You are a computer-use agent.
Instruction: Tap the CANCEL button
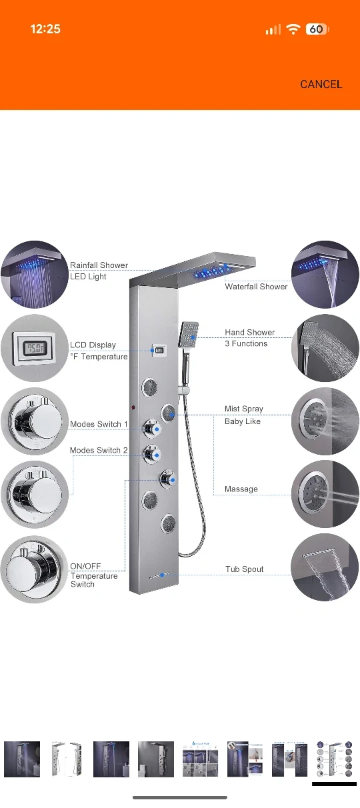point(321,85)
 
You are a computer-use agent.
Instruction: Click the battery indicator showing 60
point(317,29)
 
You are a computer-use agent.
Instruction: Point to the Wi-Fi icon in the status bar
point(293,29)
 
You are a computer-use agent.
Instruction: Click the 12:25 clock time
point(45,29)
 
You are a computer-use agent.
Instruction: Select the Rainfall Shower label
point(99,265)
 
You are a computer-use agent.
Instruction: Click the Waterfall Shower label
point(256,287)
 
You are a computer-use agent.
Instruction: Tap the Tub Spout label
point(244,569)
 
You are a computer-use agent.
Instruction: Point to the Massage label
point(241,489)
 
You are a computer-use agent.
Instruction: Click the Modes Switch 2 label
point(99,450)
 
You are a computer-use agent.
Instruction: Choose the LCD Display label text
point(93,345)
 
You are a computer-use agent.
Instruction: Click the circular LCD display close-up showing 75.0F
point(34,348)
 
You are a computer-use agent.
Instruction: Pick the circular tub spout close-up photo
point(325,567)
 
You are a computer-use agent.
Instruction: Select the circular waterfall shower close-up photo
point(325,275)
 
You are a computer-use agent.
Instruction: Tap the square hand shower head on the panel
point(189,335)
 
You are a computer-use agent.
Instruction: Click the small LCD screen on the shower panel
point(159,350)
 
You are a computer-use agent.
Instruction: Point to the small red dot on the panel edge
point(133,407)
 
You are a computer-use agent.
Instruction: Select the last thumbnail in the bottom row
point(335,759)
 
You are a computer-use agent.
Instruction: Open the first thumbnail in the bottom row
point(22,759)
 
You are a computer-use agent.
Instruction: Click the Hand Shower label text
point(249,332)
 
